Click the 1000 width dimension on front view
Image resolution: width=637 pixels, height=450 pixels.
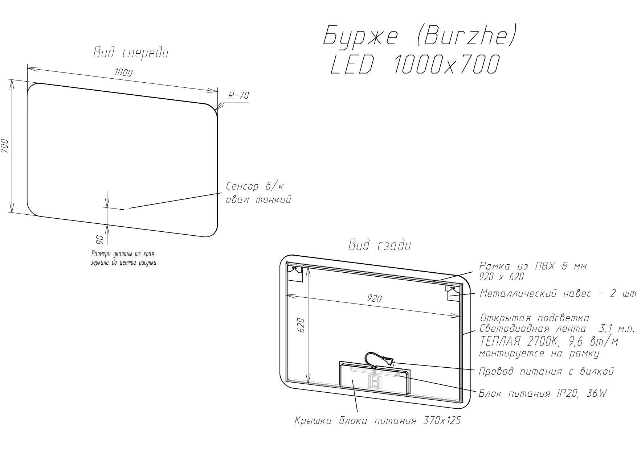click(123, 72)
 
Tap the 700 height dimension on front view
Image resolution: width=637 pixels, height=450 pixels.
click(5, 146)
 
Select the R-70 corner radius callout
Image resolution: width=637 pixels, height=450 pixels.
click(238, 96)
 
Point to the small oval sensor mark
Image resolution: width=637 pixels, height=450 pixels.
click(122, 209)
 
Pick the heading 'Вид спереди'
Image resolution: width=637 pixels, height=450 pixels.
click(131, 53)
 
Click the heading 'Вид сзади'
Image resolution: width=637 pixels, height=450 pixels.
click(380, 245)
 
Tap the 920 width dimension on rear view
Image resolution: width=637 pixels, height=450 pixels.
click(374, 298)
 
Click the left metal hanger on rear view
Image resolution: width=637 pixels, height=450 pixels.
click(295, 273)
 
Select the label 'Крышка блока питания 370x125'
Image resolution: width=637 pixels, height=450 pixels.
click(377, 421)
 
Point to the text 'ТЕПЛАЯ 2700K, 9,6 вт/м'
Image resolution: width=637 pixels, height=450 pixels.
click(549, 341)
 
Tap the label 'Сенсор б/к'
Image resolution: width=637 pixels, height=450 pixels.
click(254, 186)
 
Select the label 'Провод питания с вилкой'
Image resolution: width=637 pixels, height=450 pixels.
click(546, 371)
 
